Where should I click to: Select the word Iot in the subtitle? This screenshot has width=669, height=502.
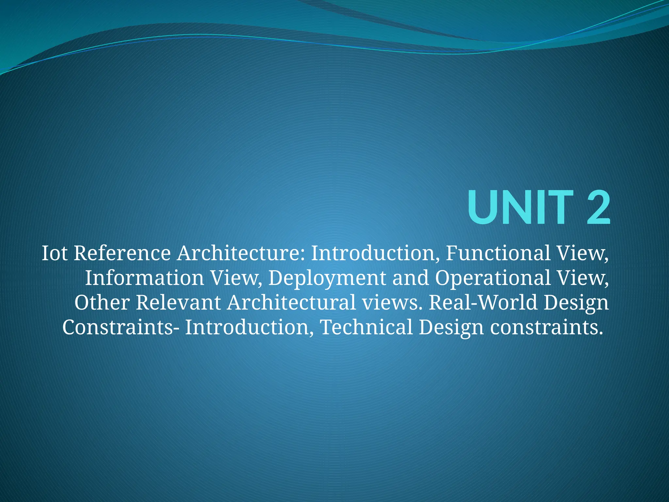55,253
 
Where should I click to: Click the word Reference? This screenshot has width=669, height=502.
122,253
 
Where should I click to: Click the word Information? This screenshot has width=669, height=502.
144,278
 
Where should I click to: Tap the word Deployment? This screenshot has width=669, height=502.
327,278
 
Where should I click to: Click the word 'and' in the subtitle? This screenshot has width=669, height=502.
411,278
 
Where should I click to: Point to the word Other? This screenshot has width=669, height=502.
102,302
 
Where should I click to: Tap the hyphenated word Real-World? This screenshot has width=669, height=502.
483,302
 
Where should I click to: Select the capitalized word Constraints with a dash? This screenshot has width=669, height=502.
121,327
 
